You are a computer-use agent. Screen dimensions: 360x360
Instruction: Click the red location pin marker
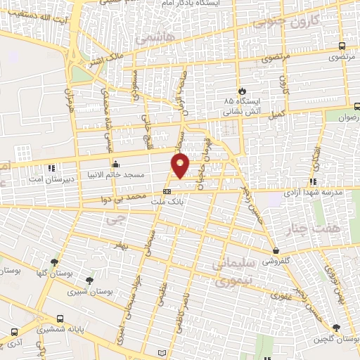(181, 165)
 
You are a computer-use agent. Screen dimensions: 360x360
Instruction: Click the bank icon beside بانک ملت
(167, 191)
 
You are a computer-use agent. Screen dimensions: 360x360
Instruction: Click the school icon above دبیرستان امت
(51, 169)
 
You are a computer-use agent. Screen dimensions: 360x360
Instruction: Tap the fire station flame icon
(242, 91)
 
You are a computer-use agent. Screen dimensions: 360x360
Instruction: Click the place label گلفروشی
(276, 260)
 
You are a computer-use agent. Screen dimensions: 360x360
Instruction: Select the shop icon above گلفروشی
(276, 250)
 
